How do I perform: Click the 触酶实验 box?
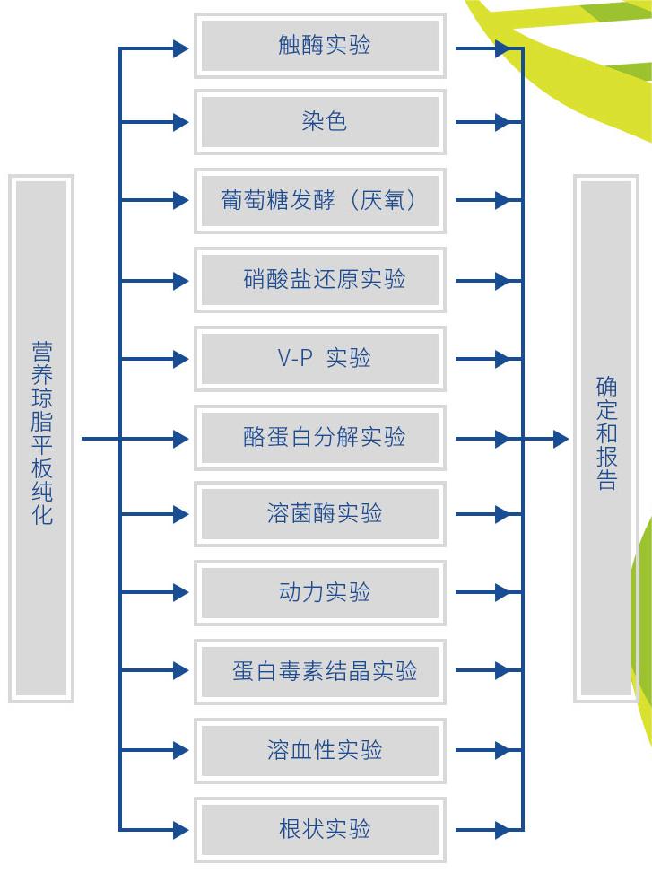(320, 46)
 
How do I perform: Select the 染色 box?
(320, 122)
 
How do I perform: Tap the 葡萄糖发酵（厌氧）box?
(320, 200)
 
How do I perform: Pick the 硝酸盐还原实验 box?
(320, 280)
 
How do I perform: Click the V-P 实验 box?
(320, 359)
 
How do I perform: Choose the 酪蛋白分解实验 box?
(320, 438)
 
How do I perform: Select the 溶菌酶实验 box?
(320, 514)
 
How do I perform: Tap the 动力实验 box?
(320, 592)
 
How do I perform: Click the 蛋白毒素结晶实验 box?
(320, 671)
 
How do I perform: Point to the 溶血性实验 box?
(320, 750)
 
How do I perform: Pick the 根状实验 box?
(320, 828)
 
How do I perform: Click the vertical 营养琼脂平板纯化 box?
(41, 438)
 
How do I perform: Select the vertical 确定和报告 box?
(606, 438)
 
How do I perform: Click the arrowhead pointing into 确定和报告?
(561, 439)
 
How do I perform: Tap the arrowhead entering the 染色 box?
(181, 122)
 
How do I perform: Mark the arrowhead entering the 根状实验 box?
(181, 828)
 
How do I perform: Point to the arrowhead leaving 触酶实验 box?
(503, 47)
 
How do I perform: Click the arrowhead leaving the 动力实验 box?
(503, 592)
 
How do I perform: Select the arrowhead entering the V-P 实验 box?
(181, 359)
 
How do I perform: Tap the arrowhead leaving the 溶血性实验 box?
(503, 750)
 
